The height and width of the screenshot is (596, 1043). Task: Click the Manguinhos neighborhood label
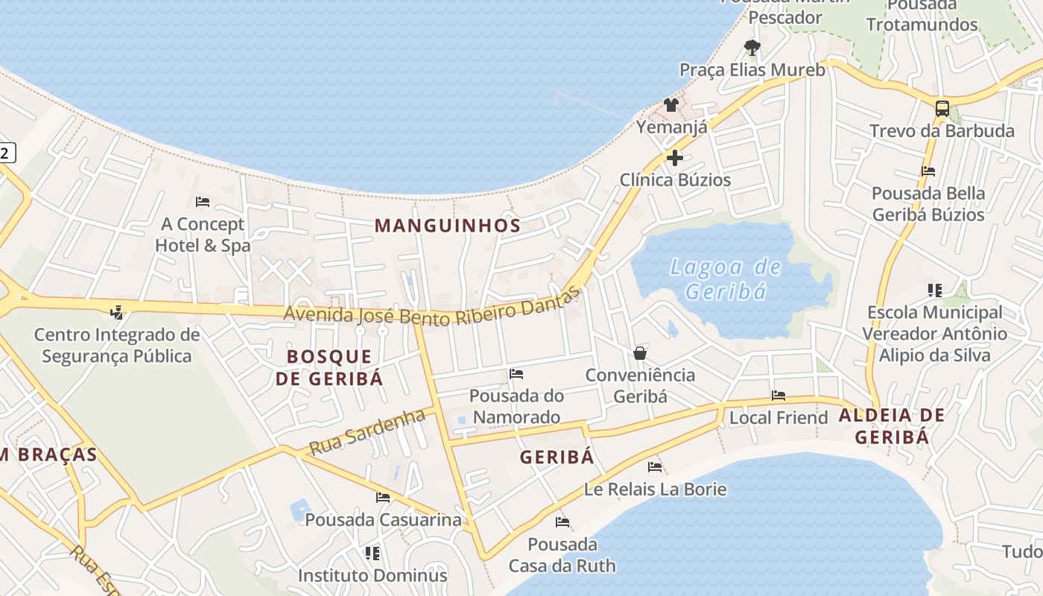tap(447, 225)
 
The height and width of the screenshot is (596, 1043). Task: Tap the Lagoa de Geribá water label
tap(726, 279)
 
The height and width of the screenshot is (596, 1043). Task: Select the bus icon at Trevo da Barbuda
tap(942, 109)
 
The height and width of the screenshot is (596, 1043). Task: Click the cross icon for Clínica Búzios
tap(675, 158)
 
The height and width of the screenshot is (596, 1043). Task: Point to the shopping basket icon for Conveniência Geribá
tap(639, 353)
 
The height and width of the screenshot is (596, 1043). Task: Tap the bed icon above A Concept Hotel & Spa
tap(202, 202)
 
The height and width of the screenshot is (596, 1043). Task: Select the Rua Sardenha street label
tap(367, 433)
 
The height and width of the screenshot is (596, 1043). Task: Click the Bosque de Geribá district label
tap(329, 367)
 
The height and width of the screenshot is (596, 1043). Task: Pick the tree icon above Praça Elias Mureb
tap(752, 48)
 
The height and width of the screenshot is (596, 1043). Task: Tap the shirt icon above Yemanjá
tap(671, 105)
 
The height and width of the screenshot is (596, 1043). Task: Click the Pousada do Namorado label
tap(516, 406)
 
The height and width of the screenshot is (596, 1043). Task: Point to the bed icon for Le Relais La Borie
tap(655, 467)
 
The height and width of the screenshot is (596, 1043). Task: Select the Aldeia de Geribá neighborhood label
tap(892, 426)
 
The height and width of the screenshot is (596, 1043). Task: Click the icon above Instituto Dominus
tap(372, 554)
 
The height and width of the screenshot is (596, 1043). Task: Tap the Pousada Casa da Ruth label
tap(562, 555)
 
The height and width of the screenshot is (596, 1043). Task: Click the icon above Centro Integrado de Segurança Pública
tap(116, 312)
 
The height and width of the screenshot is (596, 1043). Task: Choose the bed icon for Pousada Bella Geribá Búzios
tap(928, 171)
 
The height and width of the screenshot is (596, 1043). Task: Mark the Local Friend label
tap(779, 418)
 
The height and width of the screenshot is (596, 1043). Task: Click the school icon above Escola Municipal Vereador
tap(934, 290)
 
